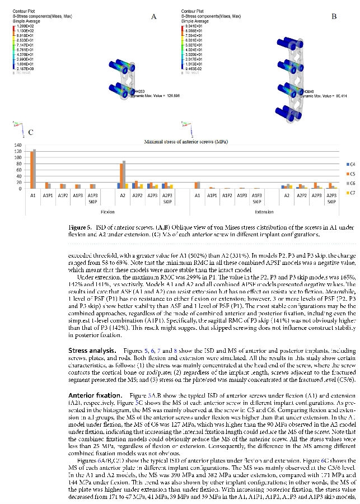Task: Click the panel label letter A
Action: (x=153, y=17)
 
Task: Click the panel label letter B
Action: (x=334, y=16)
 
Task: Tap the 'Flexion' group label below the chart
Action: (x=107, y=212)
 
